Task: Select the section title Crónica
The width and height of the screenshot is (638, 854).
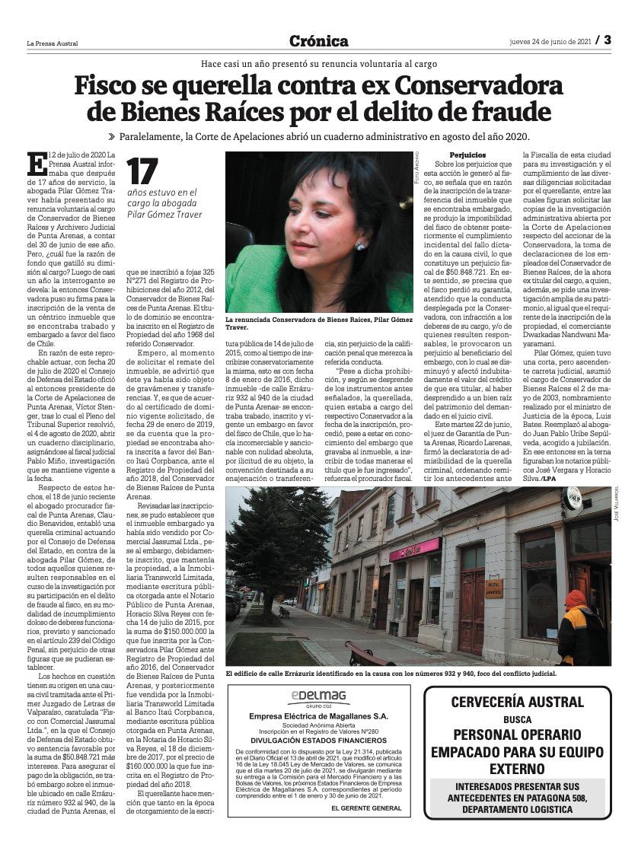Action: [x=319, y=41]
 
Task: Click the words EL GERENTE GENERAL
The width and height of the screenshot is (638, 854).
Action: [x=365, y=808]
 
